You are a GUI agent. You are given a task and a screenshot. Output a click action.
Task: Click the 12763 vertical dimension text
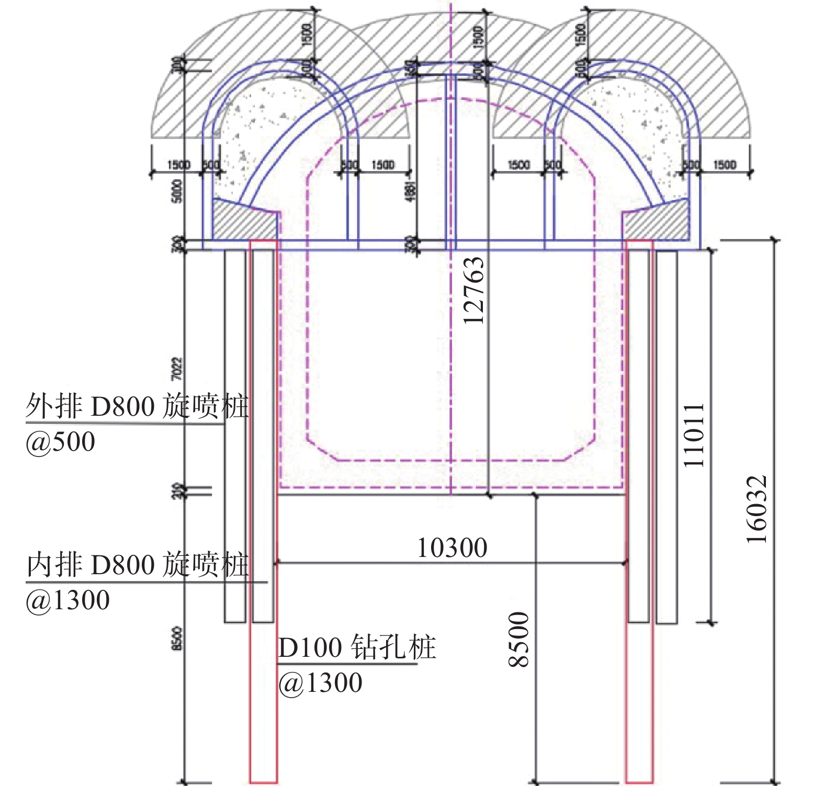(474, 291)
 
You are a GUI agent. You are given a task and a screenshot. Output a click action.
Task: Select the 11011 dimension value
(695, 435)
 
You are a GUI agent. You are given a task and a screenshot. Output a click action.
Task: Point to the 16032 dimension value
(757, 509)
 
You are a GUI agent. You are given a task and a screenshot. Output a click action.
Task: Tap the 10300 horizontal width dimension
(452, 548)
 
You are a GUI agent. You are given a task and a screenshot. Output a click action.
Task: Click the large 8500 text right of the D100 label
(519, 640)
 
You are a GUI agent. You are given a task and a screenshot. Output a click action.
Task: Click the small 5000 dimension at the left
(177, 191)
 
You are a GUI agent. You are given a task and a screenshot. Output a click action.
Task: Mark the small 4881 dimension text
(411, 191)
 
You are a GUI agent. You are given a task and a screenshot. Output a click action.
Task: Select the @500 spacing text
(61, 442)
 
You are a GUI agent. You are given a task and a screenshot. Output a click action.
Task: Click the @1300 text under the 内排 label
(68, 600)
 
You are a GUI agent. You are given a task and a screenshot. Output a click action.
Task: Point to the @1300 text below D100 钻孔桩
(320, 683)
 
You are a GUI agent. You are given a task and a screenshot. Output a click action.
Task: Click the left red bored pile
(263, 680)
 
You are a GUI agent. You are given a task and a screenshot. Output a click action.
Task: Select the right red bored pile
(639, 680)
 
